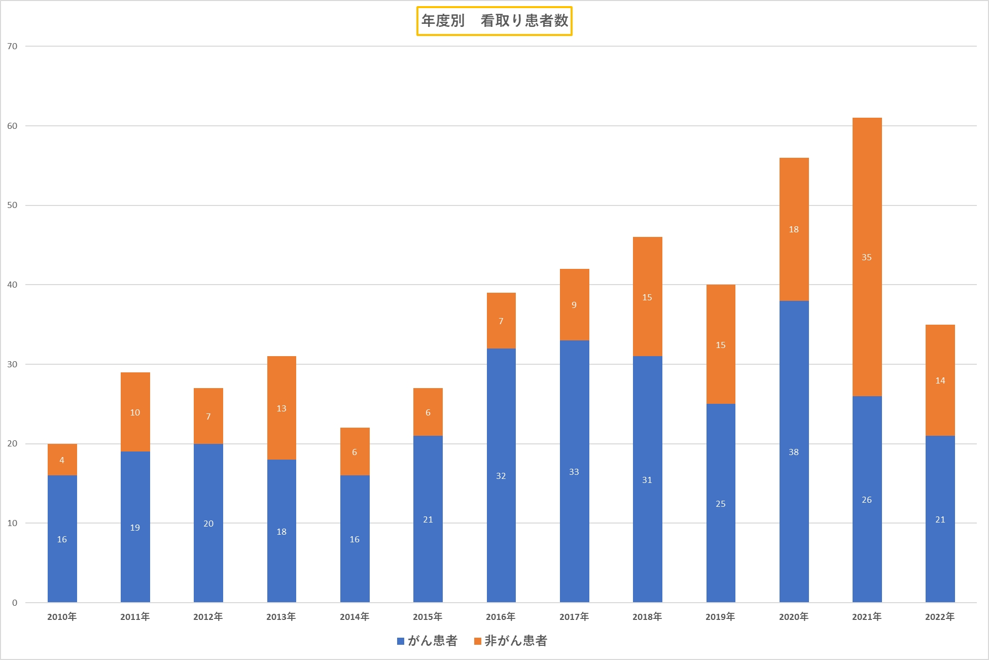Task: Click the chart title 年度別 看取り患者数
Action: [494, 21]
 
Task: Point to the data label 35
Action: [867, 258]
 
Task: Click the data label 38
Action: [794, 452]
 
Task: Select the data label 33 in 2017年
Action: [574, 472]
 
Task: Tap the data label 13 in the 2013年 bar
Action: [281, 408]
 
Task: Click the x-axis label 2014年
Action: [355, 617]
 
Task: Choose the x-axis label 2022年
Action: [940, 617]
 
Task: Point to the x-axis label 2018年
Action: [647, 617]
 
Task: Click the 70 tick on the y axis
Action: [12, 47]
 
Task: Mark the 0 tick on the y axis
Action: [15, 603]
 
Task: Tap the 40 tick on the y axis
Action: [12, 285]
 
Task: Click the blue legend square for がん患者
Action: [400, 641]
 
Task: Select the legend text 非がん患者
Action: [516, 641]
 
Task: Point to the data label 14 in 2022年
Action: [940, 380]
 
